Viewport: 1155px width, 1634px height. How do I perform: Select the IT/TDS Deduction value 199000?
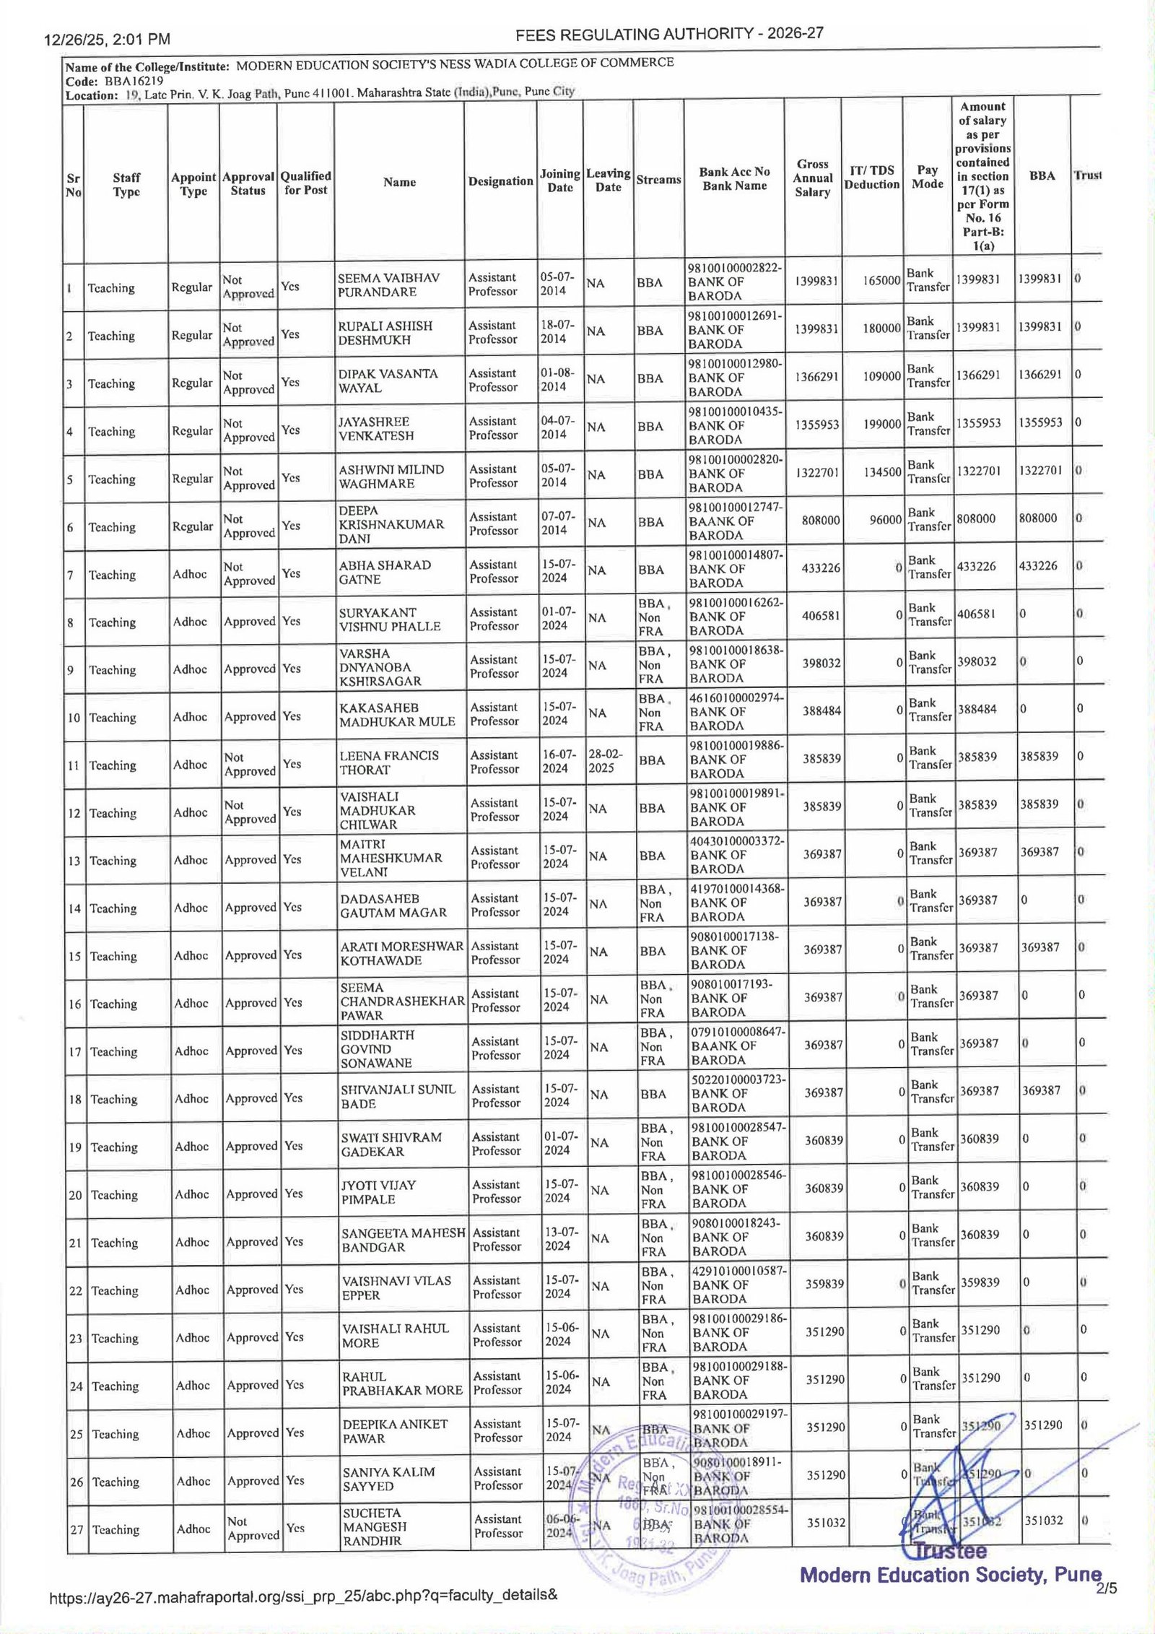(x=881, y=424)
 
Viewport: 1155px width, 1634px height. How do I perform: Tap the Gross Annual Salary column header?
(x=812, y=178)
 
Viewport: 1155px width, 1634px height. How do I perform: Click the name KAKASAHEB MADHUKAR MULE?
(x=397, y=714)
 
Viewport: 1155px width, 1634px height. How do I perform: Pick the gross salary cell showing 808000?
(x=820, y=519)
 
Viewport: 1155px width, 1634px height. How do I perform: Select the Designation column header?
(x=500, y=181)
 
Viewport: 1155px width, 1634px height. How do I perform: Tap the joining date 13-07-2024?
(x=557, y=1238)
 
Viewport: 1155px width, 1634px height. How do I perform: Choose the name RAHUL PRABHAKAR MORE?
(x=401, y=1383)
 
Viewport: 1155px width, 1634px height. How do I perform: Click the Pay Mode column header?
(x=928, y=177)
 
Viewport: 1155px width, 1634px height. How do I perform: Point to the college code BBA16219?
(x=133, y=81)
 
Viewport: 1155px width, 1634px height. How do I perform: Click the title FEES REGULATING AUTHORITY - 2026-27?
(x=670, y=34)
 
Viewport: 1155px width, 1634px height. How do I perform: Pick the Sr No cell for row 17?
(x=75, y=1052)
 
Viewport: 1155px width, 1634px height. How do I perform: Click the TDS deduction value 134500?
(x=881, y=471)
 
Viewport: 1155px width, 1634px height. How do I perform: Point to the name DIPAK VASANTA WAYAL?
(x=388, y=381)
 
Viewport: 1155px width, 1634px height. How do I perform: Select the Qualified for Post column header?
(x=305, y=183)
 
